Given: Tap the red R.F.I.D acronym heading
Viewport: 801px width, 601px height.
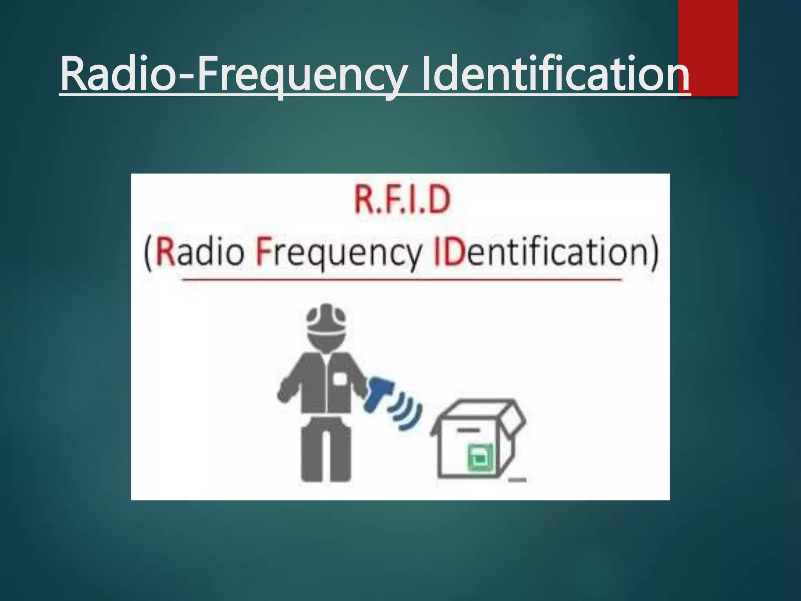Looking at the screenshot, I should [x=402, y=200].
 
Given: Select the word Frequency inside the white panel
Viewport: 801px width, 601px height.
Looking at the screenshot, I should [x=339, y=252].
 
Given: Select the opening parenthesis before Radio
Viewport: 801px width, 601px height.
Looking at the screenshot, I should [x=147, y=252].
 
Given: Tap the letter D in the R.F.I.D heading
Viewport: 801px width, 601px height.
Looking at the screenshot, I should [x=440, y=200].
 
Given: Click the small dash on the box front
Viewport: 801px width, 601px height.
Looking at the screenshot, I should [x=468, y=430].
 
